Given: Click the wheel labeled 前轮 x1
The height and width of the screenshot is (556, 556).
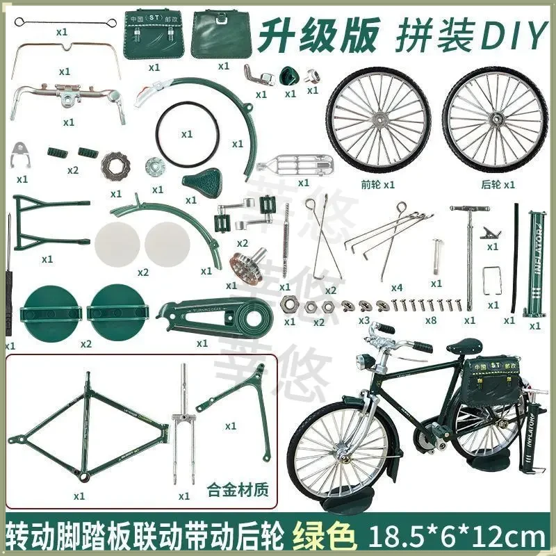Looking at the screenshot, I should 379,122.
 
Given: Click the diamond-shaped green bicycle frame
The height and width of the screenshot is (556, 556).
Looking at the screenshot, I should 90,431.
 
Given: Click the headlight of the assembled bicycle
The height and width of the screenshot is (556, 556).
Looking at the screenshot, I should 361,363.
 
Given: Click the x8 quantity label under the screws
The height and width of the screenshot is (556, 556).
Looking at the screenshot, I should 431,320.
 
